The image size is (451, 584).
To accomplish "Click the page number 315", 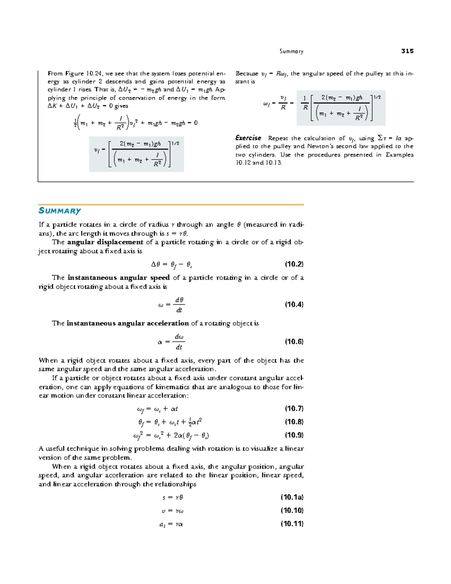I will coord(407,51).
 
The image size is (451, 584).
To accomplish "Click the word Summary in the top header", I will coord(291,52).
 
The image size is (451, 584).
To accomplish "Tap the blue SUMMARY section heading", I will coord(60,211).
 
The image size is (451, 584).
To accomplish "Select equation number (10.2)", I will coord(294,264).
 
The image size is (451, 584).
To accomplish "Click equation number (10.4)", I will coord(294,305).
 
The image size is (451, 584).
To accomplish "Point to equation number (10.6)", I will coord(294,342).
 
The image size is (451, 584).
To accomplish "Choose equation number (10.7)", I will coord(294,409).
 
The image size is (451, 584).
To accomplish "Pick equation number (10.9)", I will coord(294,435).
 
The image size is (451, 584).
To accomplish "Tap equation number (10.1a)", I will coord(292,498).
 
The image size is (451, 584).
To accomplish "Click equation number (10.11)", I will coord(292,524).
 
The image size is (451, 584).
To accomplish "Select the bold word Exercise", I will coord(248,138).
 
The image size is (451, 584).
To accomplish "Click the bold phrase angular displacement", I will coord(105,242).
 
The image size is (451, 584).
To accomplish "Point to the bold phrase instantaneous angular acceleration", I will coord(127,323).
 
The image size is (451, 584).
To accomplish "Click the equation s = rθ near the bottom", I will coord(173,498).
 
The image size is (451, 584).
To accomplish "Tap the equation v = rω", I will coord(173,511).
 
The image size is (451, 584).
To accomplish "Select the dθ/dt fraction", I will coord(179,305).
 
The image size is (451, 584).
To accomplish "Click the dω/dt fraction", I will coord(179,342).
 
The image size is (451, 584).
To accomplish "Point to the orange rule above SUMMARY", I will coord(171,205).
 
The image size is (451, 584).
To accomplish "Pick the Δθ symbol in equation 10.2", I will coord(156,264).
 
